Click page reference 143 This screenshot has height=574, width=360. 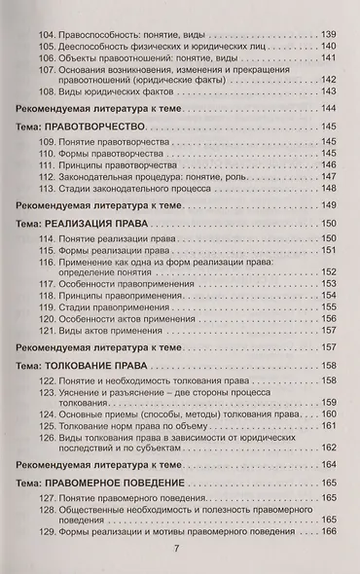click(x=327, y=91)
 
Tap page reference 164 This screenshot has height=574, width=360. click(x=327, y=468)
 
